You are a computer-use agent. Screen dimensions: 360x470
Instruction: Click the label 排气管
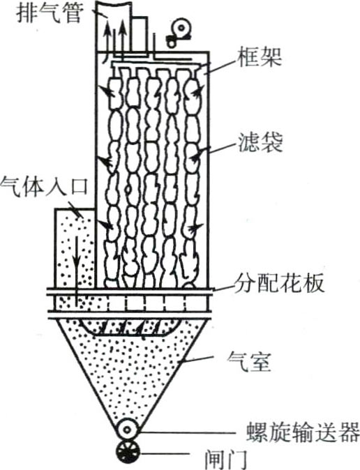pyautogui.click(x=50, y=13)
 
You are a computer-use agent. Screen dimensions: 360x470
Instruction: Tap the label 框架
pyautogui.click(x=260, y=57)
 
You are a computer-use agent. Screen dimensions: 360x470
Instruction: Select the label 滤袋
pyautogui.click(x=260, y=142)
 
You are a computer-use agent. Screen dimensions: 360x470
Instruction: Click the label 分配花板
pyautogui.click(x=279, y=282)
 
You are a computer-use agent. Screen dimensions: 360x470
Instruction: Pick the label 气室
pyautogui.click(x=250, y=362)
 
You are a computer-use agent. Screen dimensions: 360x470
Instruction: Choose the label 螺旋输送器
pyautogui.click(x=303, y=432)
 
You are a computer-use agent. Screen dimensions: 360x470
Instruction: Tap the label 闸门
pyautogui.click(x=227, y=459)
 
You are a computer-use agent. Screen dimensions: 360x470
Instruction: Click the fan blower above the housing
pyautogui.click(x=178, y=33)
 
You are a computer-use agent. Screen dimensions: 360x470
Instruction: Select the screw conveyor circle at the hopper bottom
pyautogui.click(x=128, y=430)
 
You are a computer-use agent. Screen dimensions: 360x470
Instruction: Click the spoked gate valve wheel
pyautogui.click(x=128, y=451)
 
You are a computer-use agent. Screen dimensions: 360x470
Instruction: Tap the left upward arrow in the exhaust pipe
pyautogui.click(x=107, y=37)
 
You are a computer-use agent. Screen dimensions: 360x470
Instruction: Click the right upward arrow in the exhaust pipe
pyautogui.click(x=122, y=36)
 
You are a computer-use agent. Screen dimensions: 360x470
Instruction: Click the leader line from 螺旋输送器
pyautogui.click(x=186, y=432)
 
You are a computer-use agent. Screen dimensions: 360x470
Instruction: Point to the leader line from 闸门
pyautogui.click(x=165, y=454)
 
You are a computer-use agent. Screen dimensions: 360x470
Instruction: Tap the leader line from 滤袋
pyautogui.click(x=220, y=147)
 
